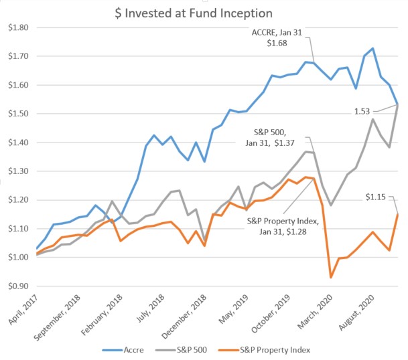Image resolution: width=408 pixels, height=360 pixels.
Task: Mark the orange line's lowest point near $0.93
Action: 331,277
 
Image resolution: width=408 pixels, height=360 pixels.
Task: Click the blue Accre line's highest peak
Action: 372,48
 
